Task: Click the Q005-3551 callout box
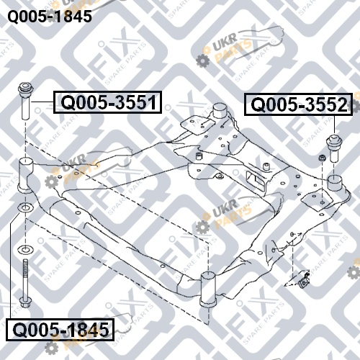coord(107,102)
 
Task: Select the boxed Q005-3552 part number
coord(298,104)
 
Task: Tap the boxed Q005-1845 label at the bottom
coord(60,330)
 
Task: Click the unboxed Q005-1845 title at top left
coord(50,17)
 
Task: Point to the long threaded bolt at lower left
coord(24,283)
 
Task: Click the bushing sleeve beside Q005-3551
coord(26,101)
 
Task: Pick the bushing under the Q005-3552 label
coord(334,148)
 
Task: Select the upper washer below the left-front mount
coord(25,207)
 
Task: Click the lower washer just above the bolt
coord(25,250)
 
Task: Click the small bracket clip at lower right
coord(304,279)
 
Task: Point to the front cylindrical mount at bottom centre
coord(208,289)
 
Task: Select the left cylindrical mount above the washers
coord(26,175)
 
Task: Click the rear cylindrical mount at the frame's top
coord(220,111)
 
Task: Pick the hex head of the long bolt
coord(24,303)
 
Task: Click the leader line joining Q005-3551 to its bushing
coord(42,102)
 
